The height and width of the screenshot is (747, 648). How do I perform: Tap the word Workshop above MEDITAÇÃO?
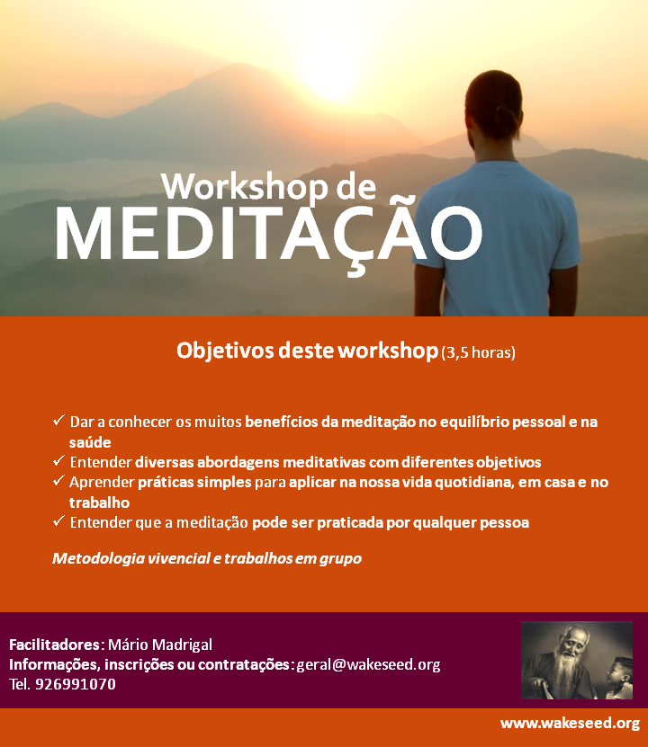[x=245, y=186]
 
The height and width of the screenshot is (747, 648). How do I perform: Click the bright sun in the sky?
[x=330, y=71]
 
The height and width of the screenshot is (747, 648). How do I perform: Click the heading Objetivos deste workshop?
[x=307, y=351]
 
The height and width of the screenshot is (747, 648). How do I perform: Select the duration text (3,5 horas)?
[x=478, y=352]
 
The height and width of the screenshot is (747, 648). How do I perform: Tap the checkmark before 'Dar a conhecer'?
[x=58, y=420]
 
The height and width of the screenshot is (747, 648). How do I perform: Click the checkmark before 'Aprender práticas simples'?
[x=58, y=481]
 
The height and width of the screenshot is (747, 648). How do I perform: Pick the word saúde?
[x=90, y=442]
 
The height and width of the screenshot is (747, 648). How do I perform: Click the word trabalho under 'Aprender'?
[x=99, y=502]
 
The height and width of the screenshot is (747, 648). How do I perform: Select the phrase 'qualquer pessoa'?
[x=471, y=523]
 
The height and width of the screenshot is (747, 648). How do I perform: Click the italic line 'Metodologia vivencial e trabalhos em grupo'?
[x=207, y=558]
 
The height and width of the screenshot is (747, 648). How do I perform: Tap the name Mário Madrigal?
[x=159, y=645]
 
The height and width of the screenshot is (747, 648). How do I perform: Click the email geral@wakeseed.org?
[x=368, y=664]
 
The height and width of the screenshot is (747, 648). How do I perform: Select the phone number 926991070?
[x=76, y=684]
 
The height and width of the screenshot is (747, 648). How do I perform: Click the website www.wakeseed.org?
[x=570, y=724]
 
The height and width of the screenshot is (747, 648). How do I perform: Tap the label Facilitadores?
[x=55, y=645]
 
